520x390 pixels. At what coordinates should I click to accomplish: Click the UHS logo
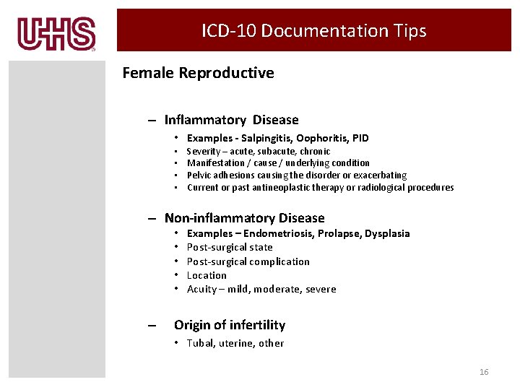click(x=56, y=33)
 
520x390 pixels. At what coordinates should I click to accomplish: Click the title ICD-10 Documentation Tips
click(x=313, y=30)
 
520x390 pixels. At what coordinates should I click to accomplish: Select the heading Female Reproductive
click(x=198, y=73)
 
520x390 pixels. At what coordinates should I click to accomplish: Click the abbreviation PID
click(x=360, y=138)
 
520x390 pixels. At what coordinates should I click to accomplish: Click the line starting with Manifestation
click(x=278, y=163)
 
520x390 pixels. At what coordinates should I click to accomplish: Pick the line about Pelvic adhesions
click(x=296, y=175)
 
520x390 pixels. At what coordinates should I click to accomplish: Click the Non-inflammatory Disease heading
click(x=244, y=218)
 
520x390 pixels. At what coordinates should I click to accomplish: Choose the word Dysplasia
click(x=387, y=234)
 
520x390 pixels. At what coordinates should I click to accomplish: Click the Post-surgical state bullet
click(x=230, y=248)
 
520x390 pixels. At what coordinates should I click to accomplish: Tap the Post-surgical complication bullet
click(x=248, y=261)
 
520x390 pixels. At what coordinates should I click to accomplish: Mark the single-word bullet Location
click(x=207, y=275)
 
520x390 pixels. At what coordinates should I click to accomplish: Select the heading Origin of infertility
click(x=230, y=326)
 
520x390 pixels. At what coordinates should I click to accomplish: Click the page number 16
click(x=484, y=372)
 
